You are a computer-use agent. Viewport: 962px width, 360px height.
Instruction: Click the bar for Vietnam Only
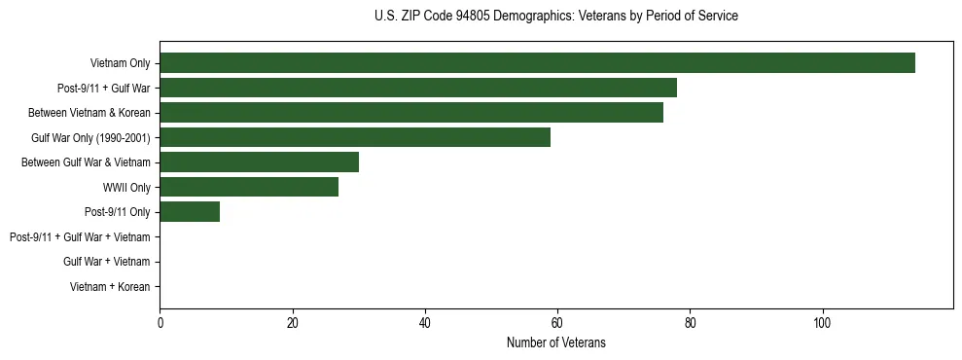tap(537, 63)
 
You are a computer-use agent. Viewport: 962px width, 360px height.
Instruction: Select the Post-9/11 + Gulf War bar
tap(418, 88)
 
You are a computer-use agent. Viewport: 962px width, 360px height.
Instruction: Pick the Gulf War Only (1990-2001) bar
tap(355, 137)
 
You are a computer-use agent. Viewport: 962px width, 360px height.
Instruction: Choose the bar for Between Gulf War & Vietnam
tap(259, 162)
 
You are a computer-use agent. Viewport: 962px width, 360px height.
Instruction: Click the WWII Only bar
tap(249, 187)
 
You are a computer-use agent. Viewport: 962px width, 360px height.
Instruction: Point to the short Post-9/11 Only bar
tap(190, 212)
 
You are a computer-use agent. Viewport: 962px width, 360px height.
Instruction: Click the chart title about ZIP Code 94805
tap(555, 17)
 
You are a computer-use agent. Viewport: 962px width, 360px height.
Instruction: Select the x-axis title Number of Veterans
tap(555, 342)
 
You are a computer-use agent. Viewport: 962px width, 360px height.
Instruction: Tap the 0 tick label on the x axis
tap(160, 323)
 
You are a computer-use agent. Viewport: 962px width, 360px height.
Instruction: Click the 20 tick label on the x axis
tap(292, 323)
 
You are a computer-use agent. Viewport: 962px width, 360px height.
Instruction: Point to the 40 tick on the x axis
tap(424, 323)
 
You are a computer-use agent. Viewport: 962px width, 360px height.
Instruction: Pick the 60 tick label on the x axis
tap(557, 323)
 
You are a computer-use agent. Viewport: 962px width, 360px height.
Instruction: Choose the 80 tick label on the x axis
tap(690, 323)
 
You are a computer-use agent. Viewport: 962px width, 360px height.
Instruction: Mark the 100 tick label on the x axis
tap(822, 323)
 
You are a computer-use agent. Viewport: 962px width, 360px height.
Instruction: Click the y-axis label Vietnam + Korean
tap(110, 287)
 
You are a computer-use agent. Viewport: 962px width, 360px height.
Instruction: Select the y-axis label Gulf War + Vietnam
tap(106, 262)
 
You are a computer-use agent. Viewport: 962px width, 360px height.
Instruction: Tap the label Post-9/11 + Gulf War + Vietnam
tap(80, 237)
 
